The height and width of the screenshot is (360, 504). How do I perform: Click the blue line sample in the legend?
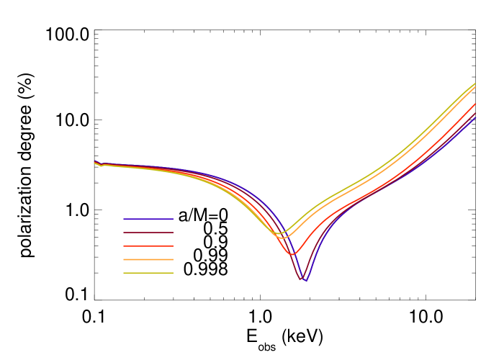tap(148, 219)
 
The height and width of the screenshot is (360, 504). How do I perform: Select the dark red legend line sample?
tap(148, 233)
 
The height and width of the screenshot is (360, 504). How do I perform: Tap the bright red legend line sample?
tap(148, 246)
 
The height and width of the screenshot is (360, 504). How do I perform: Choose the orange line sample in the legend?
tap(148, 259)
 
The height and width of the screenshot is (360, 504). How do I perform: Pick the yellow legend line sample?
tap(148, 273)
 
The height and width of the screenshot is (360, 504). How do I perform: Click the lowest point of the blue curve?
tap(306, 281)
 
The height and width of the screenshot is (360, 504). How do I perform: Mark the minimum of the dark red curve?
tap(302, 279)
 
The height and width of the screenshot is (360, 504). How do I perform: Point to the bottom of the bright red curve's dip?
tap(292, 253)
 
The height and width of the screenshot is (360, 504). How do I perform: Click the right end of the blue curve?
tap(476, 117)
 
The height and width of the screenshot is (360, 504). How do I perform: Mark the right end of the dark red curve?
tap(476, 113)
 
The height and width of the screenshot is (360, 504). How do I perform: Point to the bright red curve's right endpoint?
tap(476, 104)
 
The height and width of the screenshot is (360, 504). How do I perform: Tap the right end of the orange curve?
tap(476, 87)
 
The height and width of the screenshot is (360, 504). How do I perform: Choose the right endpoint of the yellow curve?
tap(476, 84)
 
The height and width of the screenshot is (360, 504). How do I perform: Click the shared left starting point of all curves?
tap(94, 162)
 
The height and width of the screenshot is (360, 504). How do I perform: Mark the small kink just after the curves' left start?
tap(102, 165)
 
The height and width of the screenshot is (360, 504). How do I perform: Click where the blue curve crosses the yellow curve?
tap(284, 230)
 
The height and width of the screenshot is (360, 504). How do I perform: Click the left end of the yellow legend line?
tap(124, 273)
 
